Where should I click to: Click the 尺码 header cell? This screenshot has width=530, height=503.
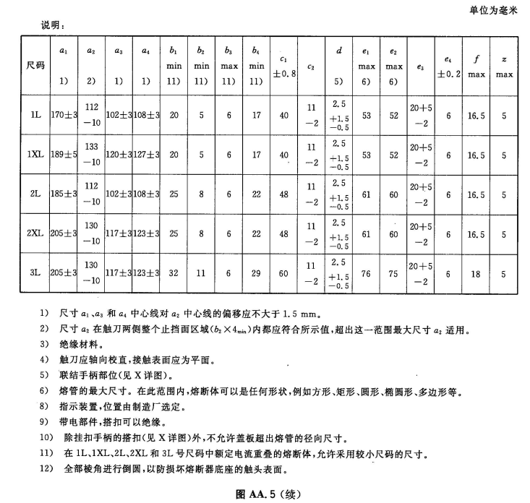click(35, 65)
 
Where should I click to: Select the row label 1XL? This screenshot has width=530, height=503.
click(35, 155)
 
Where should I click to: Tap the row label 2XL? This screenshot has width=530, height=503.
click(35, 233)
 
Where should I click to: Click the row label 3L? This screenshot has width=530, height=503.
click(35, 272)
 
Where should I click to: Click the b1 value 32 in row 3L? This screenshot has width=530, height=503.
click(174, 272)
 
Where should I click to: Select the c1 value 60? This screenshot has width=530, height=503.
click(283, 272)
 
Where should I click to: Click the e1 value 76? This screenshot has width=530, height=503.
click(366, 272)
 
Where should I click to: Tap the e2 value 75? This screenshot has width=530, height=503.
click(393, 272)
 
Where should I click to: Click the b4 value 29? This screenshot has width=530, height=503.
click(256, 272)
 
